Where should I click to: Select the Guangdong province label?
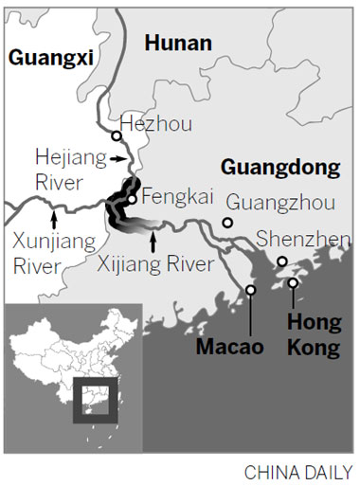[279, 168]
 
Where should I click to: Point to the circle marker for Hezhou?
[116, 135]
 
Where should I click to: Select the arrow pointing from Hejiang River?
[117, 161]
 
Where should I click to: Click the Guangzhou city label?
[273, 202]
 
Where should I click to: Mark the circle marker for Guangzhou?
[227, 223]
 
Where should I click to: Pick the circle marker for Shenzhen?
[281, 261]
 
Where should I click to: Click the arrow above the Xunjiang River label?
[54, 217]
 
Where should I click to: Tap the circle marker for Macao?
[250, 290]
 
